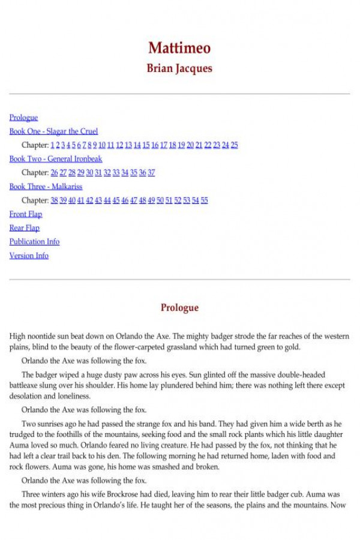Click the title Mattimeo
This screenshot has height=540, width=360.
click(179, 48)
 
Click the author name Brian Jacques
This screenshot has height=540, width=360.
click(179, 68)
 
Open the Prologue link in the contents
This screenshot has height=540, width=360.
click(23, 118)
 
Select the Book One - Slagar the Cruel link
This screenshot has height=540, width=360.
click(53, 131)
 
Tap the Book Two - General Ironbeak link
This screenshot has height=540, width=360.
click(56, 159)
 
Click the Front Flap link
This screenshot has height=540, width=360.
click(26, 214)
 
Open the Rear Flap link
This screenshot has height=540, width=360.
click(25, 228)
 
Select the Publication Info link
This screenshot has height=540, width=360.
click(34, 242)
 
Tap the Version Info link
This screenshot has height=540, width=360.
click(29, 256)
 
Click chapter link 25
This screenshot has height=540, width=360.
click(234, 145)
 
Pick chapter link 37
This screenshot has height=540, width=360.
click(151, 173)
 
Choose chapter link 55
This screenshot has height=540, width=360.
click(204, 200)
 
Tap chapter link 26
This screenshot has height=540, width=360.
click(54, 173)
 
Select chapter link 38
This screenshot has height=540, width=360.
click(54, 200)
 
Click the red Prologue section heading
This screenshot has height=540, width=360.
click(179, 308)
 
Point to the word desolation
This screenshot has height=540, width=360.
click(28, 397)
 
